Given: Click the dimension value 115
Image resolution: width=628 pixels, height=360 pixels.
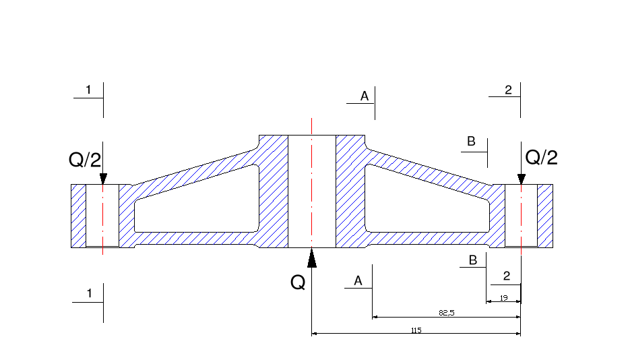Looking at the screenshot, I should point(416,330).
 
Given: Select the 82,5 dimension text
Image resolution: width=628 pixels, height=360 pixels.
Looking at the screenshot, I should point(447,313).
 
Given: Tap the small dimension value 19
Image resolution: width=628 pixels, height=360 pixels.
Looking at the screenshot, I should point(503,297).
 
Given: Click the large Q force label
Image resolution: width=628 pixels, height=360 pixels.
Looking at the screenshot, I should point(298,282).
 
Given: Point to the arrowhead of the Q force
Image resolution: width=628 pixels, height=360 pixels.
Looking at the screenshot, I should point(311,258).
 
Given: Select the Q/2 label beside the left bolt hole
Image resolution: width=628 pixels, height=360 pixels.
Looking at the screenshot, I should point(85,160).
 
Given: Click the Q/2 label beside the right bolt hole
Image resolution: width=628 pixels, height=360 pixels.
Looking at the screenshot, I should point(541,157).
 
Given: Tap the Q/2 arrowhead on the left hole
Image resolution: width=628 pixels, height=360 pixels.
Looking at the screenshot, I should point(103,179).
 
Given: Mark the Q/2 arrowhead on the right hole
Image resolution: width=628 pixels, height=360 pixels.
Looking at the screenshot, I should point(521,179).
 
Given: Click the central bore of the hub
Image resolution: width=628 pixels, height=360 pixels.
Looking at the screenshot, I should point(311,191).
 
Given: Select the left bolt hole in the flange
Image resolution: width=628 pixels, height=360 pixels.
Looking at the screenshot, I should point(102,215).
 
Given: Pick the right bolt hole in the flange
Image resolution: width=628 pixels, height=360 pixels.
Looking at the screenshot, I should point(521,215).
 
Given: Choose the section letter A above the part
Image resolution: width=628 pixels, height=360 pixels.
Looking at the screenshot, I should point(365,96).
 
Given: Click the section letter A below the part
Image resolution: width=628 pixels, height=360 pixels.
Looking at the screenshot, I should point(358,280).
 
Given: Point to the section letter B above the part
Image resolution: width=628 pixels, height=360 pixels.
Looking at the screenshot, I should point(472,142).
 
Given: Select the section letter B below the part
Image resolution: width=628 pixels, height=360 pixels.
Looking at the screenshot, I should point(473,260).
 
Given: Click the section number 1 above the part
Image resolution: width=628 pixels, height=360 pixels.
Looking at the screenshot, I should point(88,90).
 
